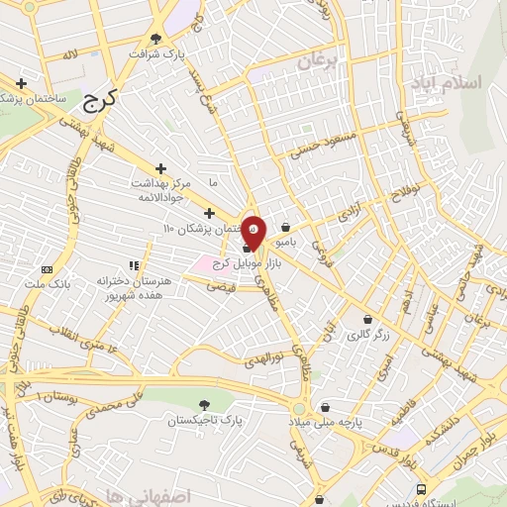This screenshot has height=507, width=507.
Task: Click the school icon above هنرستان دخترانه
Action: pos(134,265)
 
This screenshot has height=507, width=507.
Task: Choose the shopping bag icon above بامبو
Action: pos(285,227)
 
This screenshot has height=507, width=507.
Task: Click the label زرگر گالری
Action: pos(368,336)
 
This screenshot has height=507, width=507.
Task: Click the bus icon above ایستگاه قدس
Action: pos(423,489)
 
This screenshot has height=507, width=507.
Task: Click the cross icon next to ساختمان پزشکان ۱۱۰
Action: pos(208,213)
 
